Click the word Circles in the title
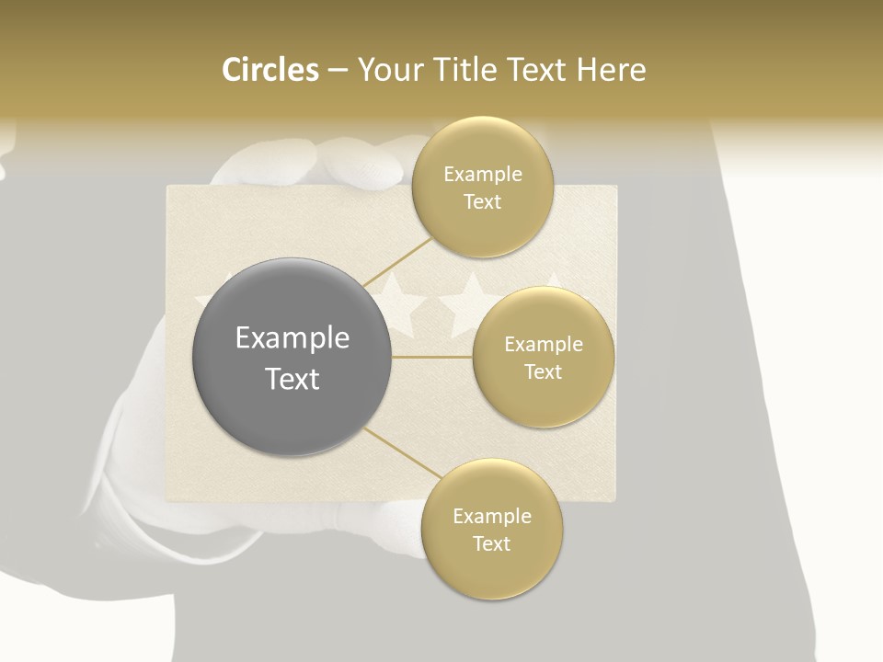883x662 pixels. pyautogui.click(x=270, y=70)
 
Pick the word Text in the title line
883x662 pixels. pyautogui.click(x=535, y=70)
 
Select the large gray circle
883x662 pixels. pyautogui.click(x=292, y=357)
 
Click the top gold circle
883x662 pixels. pyautogui.click(x=482, y=187)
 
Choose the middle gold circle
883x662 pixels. pyautogui.click(x=543, y=357)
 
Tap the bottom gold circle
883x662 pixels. pyautogui.click(x=491, y=529)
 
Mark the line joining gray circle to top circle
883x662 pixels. pyautogui.click(x=397, y=262)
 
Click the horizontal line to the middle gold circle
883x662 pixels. pyautogui.click(x=432, y=357)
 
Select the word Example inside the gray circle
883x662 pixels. pyautogui.click(x=292, y=338)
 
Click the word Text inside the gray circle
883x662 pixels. pyautogui.click(x=292, y=379)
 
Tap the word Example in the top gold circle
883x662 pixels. pyautogui.click(x=483, y=174)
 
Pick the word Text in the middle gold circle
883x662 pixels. pyautogui.click(x=543, y=371)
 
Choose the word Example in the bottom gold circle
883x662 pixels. pyautogui.click(x=492, y=516)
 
